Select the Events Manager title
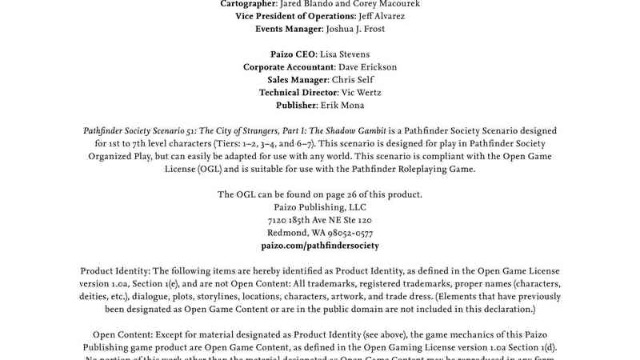point(288,29)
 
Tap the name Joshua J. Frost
point(354,29)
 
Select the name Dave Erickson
point(368,67)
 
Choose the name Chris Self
point(358,80)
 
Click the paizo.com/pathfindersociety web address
point(320,246)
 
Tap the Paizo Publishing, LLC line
point(320,207)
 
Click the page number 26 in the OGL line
point(358,194)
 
